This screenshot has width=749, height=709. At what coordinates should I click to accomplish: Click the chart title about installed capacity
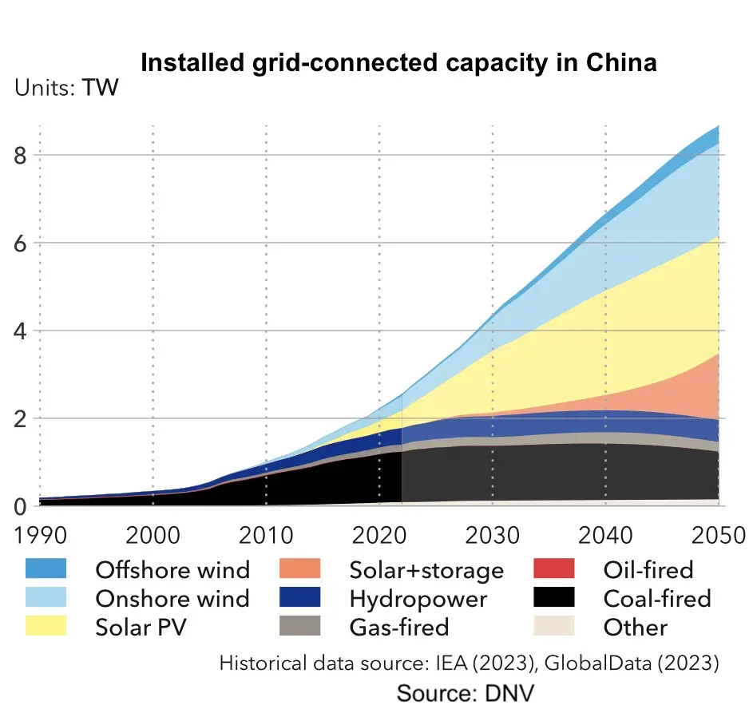tap(398, 62)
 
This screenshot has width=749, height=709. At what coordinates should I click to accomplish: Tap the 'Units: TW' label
tap(66, 87)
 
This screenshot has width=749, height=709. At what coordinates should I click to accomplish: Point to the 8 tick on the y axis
tap(22, 155)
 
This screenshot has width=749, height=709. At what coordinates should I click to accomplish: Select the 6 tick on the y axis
tap(22, 243)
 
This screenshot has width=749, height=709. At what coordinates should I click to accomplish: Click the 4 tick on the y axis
tap(22, 331)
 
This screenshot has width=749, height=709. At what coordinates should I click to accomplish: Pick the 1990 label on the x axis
tap(40, 533)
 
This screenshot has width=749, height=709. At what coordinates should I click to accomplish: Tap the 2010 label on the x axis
tap(266, 533)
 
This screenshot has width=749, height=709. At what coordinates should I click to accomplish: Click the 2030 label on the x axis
tap(492, 533)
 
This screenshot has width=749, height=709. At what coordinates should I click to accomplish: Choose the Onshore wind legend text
tap(172, 598)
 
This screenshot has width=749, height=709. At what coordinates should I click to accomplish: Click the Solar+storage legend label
tap(426, 570)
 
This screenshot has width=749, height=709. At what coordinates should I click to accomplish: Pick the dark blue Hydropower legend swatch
tap(300, 598)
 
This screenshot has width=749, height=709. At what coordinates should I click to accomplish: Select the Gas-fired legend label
tap(399, 627)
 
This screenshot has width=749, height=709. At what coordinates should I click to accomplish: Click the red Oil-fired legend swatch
tap(555, 569)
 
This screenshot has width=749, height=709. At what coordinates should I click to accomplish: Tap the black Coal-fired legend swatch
tap(555, 598)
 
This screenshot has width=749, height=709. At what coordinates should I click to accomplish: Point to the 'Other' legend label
tap(636, 627)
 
